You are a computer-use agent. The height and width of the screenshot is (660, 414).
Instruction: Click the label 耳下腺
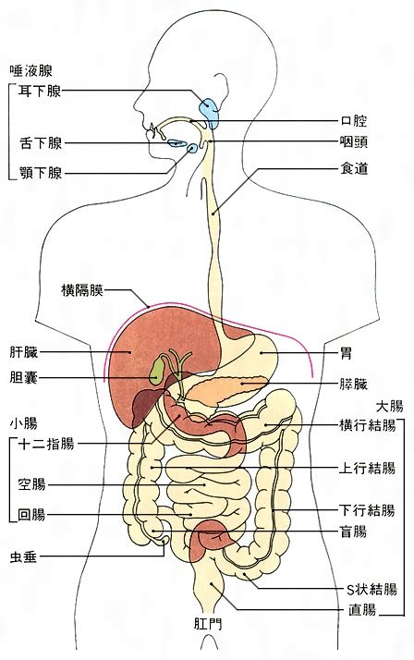pos(40,92)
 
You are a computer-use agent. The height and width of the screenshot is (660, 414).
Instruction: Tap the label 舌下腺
pos(41,143)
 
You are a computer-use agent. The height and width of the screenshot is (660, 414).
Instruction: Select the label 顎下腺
pos(41,173)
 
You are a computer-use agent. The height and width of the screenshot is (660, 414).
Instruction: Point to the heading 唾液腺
pos(31,70)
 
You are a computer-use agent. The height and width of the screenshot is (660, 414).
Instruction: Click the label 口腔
pos(353,121)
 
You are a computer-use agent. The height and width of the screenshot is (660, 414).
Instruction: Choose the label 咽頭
pos(353,141)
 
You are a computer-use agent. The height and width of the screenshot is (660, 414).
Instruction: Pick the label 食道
pos(354,169)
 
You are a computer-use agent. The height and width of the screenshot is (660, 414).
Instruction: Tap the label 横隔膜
pos(82,290)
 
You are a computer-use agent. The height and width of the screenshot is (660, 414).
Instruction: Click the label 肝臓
pos(23,352)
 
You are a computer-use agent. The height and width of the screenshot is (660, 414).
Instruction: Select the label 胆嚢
pos(23,377)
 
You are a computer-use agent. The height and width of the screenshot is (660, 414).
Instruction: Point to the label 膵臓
pos(353,385)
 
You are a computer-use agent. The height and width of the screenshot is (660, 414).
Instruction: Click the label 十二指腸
pos(46,444)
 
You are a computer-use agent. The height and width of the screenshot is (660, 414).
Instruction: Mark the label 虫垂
pos(23,556)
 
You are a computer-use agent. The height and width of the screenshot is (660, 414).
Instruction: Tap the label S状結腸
pos(371,590)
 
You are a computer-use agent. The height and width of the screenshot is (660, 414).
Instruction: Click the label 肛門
pos(208,623)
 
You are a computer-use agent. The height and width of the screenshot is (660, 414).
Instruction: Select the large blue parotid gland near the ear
pos(210,113)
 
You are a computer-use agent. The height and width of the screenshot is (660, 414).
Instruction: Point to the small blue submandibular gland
pos(192,148)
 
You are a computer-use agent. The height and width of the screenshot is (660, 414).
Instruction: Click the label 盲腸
pos(353,532)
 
